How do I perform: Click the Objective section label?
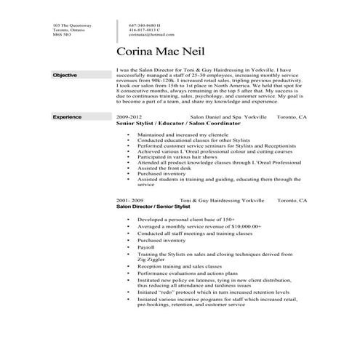(x=65, y=76)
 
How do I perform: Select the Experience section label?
(x=67, y=117)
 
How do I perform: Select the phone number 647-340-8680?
(x=145, y=25)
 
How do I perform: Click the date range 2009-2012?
(x=129, y=117)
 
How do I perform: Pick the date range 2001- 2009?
(x=130, y=199)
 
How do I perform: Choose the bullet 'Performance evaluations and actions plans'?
(x=191, y=273)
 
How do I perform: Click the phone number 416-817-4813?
(x=145, y=30)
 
